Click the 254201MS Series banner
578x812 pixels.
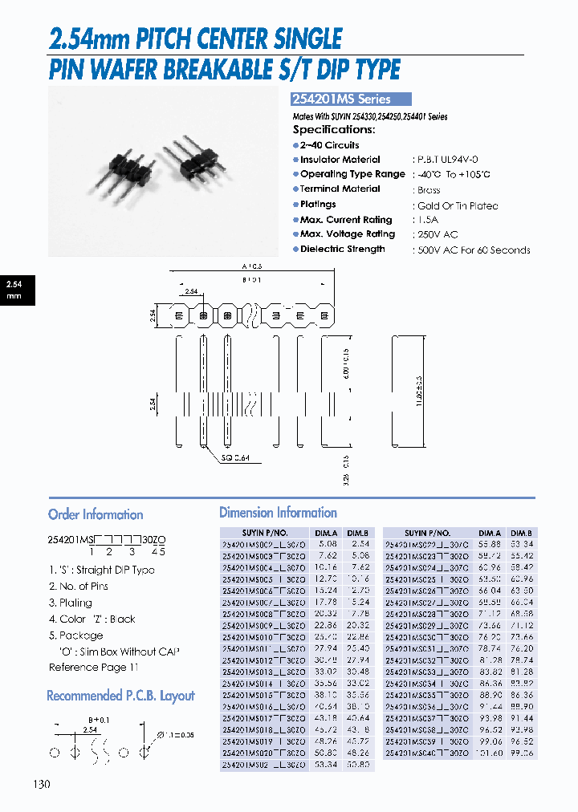350,99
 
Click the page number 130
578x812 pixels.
42,783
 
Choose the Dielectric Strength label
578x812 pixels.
342,249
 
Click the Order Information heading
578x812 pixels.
96,514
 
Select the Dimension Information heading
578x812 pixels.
278,513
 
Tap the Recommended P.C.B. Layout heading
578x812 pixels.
120,696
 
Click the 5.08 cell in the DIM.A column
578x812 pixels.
326,542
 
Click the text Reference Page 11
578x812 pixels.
93,668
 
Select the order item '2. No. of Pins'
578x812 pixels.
79,587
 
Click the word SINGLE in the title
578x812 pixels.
304,38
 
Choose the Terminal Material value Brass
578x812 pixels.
429,190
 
